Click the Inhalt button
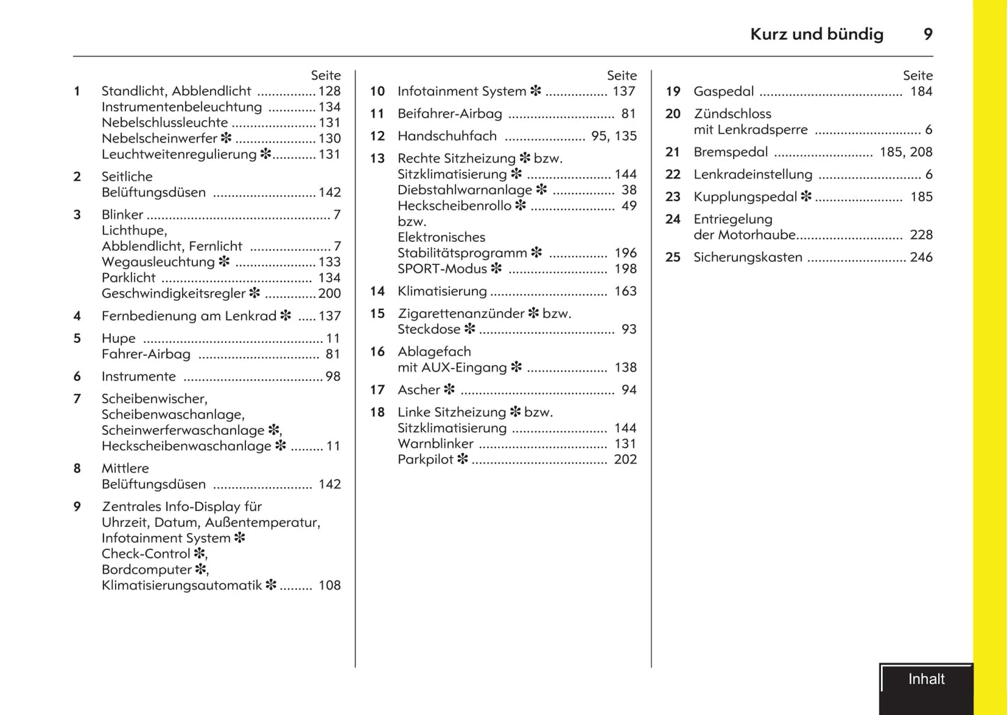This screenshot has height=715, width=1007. [x=926, y=679]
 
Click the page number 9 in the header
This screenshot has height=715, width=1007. [x=928, y=34]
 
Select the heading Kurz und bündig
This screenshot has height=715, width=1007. [x=817, y=34]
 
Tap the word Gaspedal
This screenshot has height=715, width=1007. [x=723, y=91]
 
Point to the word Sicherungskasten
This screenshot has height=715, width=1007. [x=748, y=257]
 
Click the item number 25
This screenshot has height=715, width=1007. [x=672, y=257]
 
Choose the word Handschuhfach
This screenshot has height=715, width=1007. [x=447, y=136]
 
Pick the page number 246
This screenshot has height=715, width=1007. [x=921, y=257]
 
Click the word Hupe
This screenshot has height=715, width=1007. [x=118, y=338]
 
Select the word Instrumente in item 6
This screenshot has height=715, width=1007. [x=139, y=376]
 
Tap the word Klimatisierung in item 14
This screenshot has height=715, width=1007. [x=442, y=291]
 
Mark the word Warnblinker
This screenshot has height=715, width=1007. [x=436, y=444]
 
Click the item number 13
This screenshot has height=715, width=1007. [x=377, y=158]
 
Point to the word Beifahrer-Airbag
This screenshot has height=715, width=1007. [x=449, y=114]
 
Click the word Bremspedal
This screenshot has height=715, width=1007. [x=730, y=152]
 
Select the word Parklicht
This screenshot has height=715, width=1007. [x=129, y=277]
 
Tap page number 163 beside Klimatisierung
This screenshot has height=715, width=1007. [x=625, y=291]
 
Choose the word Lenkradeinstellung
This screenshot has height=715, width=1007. [x=753, y=174]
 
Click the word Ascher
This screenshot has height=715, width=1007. [x=419, y=390]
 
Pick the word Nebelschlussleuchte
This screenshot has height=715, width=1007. [x=164, y=123]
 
